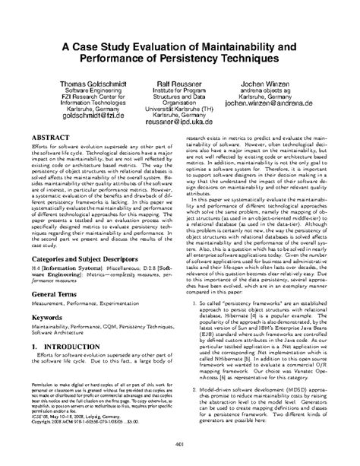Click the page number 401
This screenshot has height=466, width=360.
[x=180, y=447]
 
